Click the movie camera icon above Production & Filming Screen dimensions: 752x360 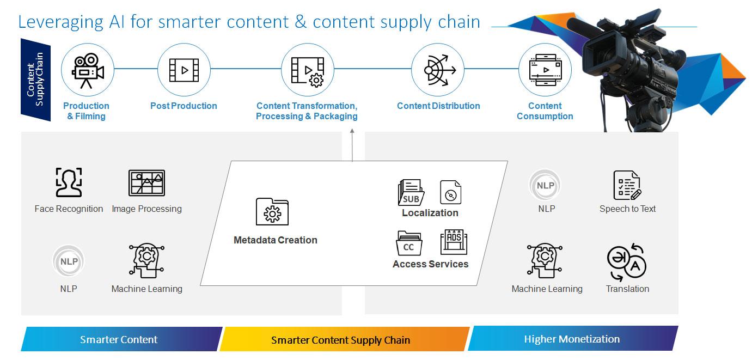pyautogui.click(x=88, y=70)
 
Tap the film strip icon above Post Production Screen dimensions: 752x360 pyautogui.click(x=184, y=70)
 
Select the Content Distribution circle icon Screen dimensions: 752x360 pyautogui.click(x=438, y=70)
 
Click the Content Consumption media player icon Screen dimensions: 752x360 pyautogui.click(x=545, y=70)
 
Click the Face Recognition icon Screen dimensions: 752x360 pyautogui.click(x=69, y=182)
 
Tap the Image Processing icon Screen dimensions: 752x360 pyautogui.click(x=146, y=182)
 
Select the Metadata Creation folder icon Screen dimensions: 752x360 pyautogui.click(x=272, y=211)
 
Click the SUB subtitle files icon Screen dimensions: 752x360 pyautogui.click(x=411, y=192)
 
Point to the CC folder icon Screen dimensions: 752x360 pyautogui.click(x=409, y=243)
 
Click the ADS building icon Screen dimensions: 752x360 pyautogui.click(x=454, y=242)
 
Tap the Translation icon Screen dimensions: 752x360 pyautogui.click(x=627, y=263)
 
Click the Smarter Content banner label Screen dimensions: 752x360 pyautogui.click(x=119, y=339)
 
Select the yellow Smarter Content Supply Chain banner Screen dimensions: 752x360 pyautogui.click(x=345, y=339)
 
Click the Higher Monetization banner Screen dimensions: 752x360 pyautogui.click(x=573, y=339)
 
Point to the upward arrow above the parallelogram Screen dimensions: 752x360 pyautogui.click(x=352, y=145)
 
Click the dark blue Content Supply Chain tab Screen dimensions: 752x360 pyautogui.click(x=35, y=80)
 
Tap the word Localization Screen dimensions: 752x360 pyautogui.click(x=430, y=213)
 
